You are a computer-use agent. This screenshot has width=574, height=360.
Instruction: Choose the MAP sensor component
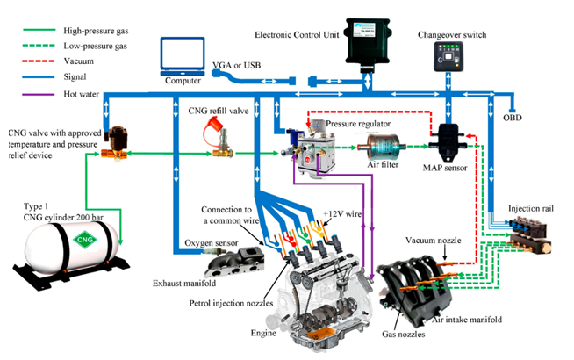click(x=450, y=139)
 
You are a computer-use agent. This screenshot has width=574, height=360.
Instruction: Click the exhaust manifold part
click(x=229, y=262)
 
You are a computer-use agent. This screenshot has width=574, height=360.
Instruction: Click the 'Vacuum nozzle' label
click(x=433, y=239)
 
